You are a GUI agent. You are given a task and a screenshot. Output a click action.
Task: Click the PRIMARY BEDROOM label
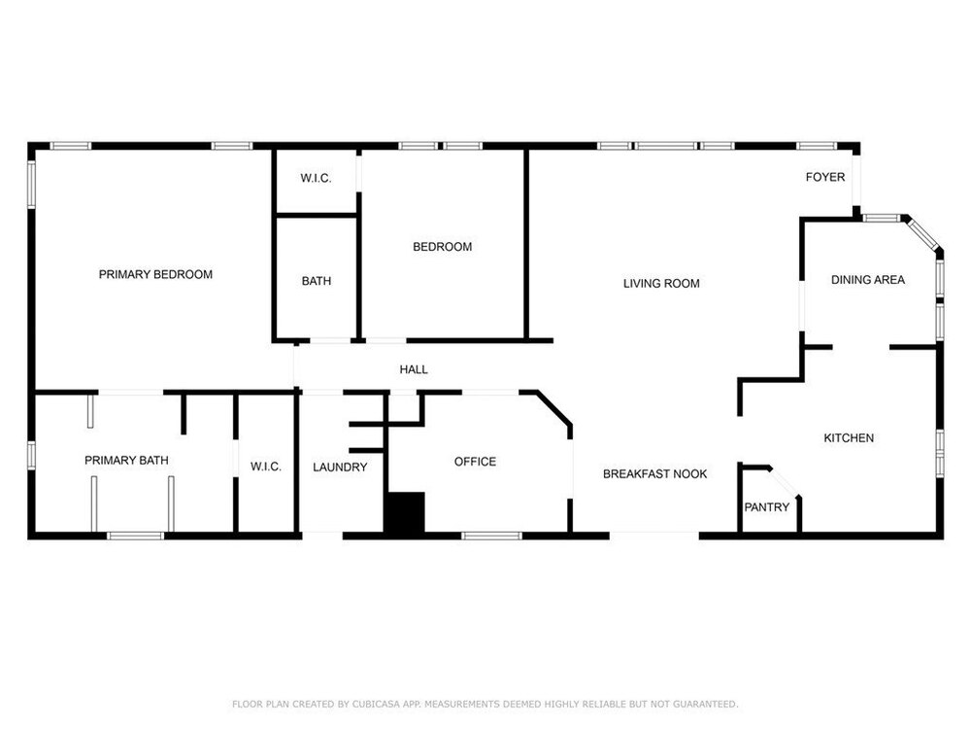pos(155,274)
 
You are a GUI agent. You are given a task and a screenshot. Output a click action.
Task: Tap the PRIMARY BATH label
pos(126,460)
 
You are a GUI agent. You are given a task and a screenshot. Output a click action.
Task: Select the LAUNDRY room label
pos(340,467)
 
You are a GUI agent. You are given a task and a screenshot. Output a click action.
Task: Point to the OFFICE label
pos(475,461)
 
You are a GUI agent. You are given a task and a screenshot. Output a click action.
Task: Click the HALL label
pos(414,369)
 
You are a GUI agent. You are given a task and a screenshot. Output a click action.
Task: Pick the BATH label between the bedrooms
pos(317,281)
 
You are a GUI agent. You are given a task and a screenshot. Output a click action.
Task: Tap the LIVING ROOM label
pos(661,283)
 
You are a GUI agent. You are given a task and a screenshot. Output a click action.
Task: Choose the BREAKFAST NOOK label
pos(655,473)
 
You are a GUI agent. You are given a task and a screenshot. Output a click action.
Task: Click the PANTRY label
pos(767,507)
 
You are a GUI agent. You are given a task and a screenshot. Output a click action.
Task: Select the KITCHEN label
pos(849,437)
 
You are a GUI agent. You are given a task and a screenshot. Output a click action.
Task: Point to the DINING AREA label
pos(867,280)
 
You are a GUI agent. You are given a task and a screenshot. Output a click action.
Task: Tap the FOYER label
pos(825,177)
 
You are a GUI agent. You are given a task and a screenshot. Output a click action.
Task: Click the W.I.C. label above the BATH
pos(316,178)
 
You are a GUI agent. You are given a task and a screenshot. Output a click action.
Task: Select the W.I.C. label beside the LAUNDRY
pos(266,467)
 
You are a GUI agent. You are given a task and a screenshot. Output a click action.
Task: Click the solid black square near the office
pos(405,512)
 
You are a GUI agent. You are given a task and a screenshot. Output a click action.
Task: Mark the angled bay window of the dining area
pos(922,233)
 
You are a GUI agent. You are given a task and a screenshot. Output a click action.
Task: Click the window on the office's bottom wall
pos(492,536)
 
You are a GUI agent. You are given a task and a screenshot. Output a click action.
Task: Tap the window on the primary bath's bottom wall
pos(136,536)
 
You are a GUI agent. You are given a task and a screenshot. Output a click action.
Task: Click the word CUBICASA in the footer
pos(377,704)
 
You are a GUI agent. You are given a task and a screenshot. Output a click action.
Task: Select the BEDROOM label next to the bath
pos(442,247)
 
